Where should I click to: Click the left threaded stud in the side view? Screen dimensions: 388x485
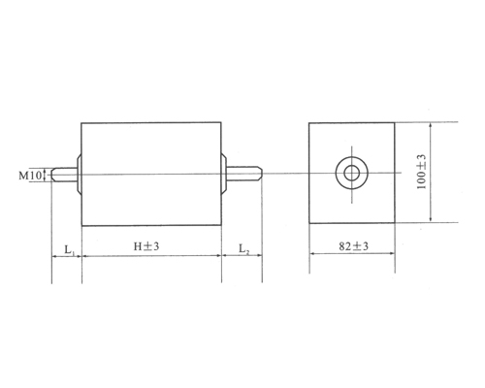64,176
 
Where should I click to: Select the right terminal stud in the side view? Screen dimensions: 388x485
244,176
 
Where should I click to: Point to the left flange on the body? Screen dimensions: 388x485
78,176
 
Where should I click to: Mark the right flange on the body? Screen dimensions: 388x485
225,176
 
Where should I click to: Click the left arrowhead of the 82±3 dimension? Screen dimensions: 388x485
312,257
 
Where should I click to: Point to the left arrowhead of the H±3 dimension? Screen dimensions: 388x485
84,257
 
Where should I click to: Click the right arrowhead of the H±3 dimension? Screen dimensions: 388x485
217,257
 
